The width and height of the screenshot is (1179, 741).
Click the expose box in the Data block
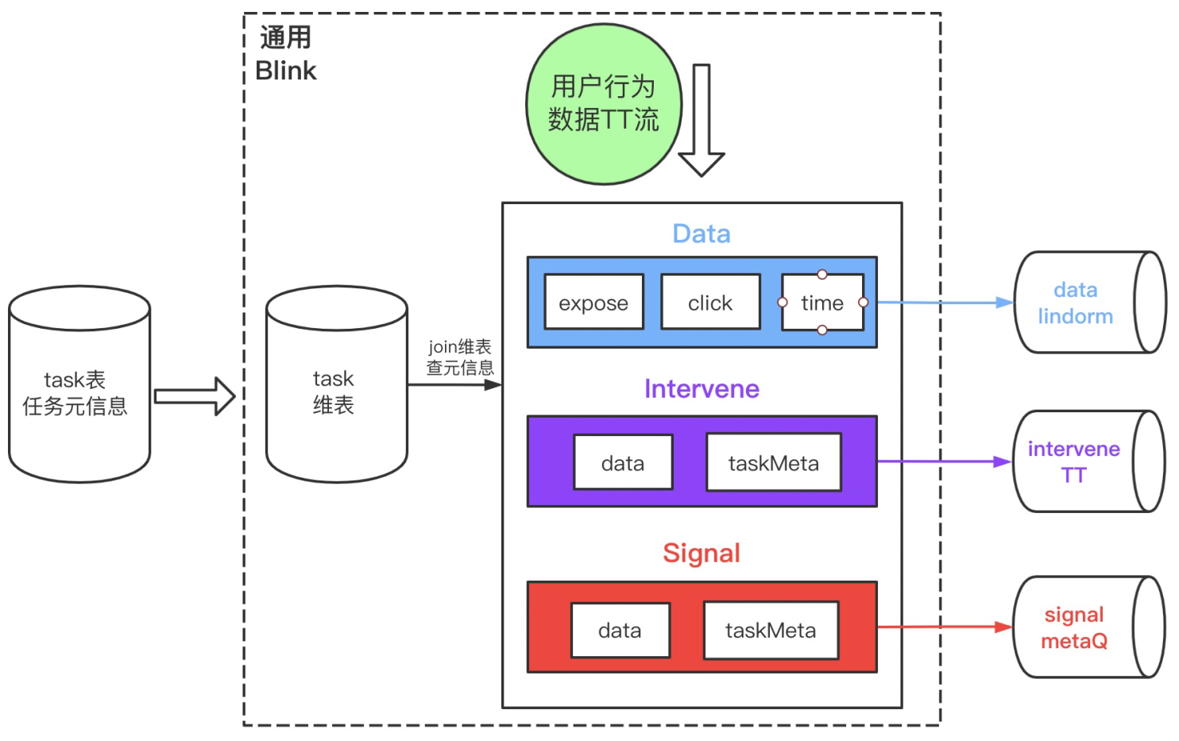click(593, 303)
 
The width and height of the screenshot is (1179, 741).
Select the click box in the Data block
click(710, 303)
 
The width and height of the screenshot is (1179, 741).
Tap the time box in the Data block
click(822, 303)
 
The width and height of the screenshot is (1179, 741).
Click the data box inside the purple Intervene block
click(623, 463)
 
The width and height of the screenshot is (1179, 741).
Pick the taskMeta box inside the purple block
click(773, 463)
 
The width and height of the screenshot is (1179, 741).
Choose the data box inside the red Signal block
click(620, 631)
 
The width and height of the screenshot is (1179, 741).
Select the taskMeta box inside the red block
click(771, 631)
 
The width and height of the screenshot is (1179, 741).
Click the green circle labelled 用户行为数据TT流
click(604, 104)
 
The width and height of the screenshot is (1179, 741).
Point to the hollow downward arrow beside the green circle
click(701, 119)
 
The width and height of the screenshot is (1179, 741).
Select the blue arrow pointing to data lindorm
click(945, 303)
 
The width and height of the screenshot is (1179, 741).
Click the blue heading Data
click(701, 233)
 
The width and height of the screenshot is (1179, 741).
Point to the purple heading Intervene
click(702, 388)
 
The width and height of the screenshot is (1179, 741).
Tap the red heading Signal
click(702, 553)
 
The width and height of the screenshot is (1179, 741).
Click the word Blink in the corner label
click(286, 71)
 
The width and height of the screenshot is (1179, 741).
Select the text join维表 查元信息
click(460, 357)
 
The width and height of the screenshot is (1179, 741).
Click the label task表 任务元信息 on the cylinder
click(75, 393)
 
